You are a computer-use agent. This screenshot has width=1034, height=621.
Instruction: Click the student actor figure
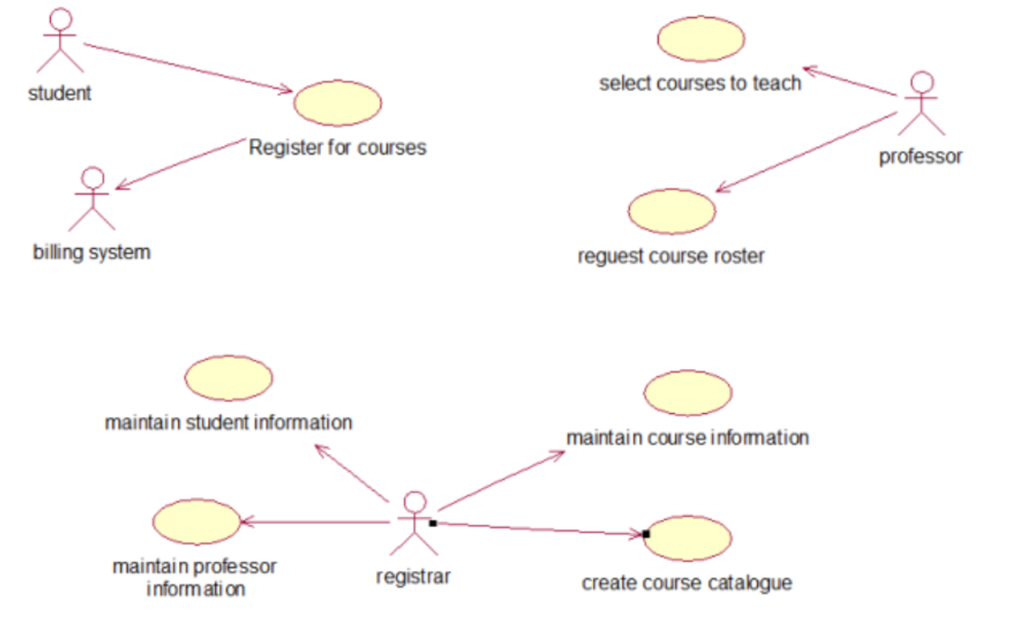(x=60, y=41)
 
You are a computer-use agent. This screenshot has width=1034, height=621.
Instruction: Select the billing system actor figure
(x=92, y=199)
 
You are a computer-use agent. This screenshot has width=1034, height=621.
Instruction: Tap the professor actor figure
(x=921, y=103)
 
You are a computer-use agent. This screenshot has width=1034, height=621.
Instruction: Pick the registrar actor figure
(x=415, y=523)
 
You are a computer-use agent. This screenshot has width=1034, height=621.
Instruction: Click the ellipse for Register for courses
(x=338, y=103)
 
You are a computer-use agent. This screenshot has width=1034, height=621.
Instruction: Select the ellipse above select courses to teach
(x=701, y=39)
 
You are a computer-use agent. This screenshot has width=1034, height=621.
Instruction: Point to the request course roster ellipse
(x=672, y=212)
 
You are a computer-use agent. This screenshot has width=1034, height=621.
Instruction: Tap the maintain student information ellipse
(x=228, y=378)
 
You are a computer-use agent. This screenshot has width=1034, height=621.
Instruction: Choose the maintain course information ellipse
(x=687, y=393)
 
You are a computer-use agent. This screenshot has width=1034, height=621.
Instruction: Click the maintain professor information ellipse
(x=196, y=522)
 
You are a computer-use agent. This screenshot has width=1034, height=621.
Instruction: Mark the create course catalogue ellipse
(x=688, y=539)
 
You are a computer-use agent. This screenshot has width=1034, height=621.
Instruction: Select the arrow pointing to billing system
(x=181, y=164)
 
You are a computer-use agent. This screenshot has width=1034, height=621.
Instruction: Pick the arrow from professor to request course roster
(x=805, y=153)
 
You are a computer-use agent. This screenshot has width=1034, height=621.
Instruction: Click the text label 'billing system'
(x=92, y=251)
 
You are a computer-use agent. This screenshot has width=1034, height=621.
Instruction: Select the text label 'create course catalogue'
(x=687, y=583)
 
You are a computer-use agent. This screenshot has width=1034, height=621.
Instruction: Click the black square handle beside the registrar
(x=433, y=522)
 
